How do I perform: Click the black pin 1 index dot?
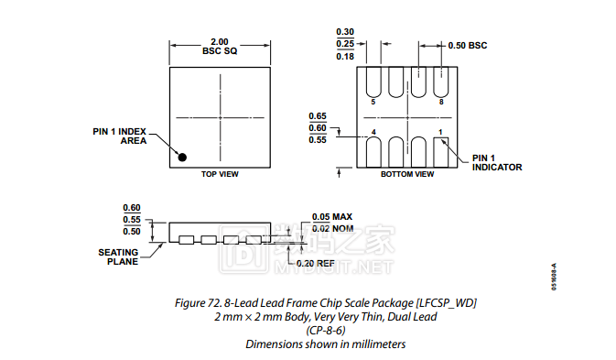pyautogui.click(x=182, y=157)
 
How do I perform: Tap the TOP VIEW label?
pyautogui.click(x=220, y=174)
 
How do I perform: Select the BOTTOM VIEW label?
pyautogui.click(x=407, y=174)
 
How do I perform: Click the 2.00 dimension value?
pyautogui.click(x=220, y=41)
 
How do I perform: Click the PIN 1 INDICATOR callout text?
pyautogui.click(x=497, y=162)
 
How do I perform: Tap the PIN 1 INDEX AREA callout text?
pyautogui.click(x=121, y=136)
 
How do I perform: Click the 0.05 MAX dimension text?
pyautogui.click(x=331, y=216)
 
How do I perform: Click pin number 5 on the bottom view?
pyautogui.click(x=373, y=103)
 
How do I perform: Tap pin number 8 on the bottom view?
pyautogui.click(x=441, y=103)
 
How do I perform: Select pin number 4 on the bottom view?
pyautogui.click(x=373, y=133)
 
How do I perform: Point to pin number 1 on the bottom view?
pyautogui.click(x=441, y=133)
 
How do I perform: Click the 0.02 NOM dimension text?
pyautogui.click(x=332, y=229)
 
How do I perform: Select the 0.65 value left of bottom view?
pyautogui.click(x=318, y=116)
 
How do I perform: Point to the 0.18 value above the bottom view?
pyautogui.click(x=345, y=57)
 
